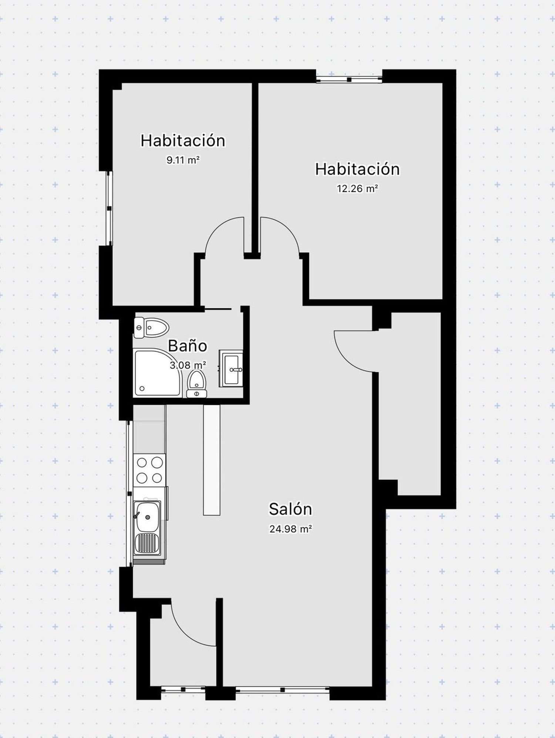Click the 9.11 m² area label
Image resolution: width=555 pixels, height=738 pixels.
[183, 160]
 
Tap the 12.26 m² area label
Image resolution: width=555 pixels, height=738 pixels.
[357, 189]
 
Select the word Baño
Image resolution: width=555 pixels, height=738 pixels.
[187, 346]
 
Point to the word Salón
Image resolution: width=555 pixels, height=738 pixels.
[290, 509]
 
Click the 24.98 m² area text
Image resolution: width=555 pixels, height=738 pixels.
[290, 529]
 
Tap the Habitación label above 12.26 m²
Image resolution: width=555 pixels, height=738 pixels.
[357, 169]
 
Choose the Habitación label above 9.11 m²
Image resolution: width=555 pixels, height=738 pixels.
[183, 141]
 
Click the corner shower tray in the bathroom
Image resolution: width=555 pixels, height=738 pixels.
[158, 373]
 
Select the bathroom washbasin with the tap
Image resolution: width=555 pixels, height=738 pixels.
[231, 368]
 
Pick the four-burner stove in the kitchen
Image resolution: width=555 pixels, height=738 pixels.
[150, 470]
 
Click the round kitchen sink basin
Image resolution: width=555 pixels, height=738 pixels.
[148, 517]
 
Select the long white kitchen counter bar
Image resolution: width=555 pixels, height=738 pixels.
[212, 460]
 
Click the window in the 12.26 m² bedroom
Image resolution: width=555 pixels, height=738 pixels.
[349, 79]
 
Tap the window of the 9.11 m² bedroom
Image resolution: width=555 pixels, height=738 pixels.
[109, 208]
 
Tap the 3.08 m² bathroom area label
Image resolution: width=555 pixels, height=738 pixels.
[188, 365]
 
